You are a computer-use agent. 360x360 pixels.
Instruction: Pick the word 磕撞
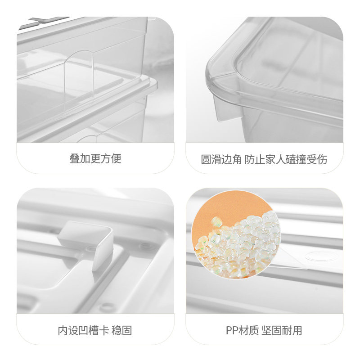point(296,160)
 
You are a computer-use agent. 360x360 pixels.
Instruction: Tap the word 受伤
point(317,160)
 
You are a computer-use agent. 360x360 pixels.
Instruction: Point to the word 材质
point(248,331)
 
